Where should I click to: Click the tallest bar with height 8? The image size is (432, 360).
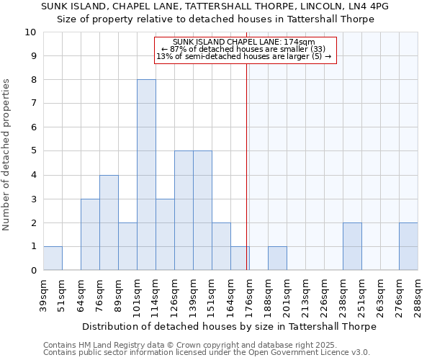coord(146,175)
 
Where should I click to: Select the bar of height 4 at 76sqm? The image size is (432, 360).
coord(109,222)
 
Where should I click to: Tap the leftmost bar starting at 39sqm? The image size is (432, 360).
coord(53,258)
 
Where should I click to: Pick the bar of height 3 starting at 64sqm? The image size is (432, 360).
coord(90,235)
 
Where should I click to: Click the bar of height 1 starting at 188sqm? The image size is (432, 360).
coord(277,258)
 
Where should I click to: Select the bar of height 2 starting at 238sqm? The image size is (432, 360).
coord(352,246)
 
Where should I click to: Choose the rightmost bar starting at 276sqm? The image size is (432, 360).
coord(408,246)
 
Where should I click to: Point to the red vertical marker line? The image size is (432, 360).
coord(247,180)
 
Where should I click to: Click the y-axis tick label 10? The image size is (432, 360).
coord(30,32)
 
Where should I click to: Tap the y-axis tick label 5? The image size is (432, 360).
coord(33,151)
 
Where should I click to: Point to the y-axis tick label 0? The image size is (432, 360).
coord(33,271)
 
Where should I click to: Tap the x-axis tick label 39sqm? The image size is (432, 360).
coord(43,294)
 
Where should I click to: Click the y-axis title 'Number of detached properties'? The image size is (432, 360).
coord(7,155)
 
